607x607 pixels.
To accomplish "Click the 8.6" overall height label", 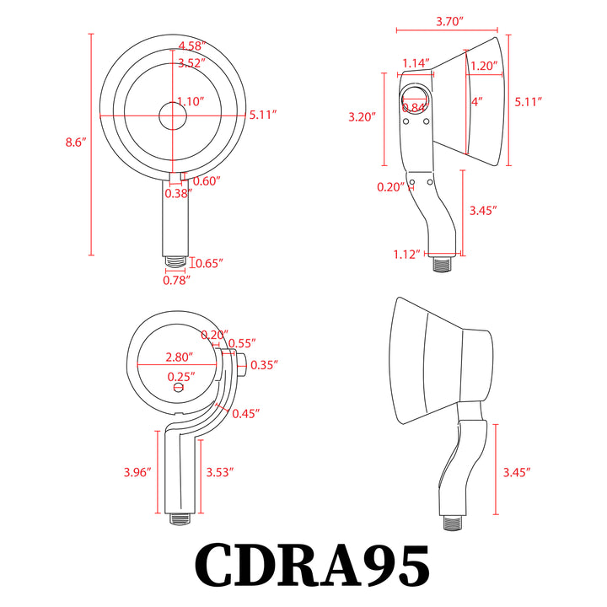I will [76, 142].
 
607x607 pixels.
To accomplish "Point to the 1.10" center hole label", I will [191, 101].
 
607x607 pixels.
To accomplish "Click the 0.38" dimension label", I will [178, 193].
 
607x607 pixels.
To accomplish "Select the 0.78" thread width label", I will [176, 279].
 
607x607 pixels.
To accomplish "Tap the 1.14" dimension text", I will [416, 62].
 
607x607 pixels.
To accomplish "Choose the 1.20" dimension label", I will [483, 66].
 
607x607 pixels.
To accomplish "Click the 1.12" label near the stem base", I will [406, 254].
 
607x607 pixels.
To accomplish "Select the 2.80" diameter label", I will [179, 357].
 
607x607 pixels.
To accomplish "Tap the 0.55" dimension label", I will [244, 344].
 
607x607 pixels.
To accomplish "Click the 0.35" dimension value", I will [265, 364].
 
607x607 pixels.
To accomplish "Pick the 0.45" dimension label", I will [246, 413].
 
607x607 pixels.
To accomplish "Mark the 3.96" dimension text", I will [136, 472].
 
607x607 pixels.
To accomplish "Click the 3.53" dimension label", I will [219, 472].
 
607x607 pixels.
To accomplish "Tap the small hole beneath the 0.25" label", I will [178, 389].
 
